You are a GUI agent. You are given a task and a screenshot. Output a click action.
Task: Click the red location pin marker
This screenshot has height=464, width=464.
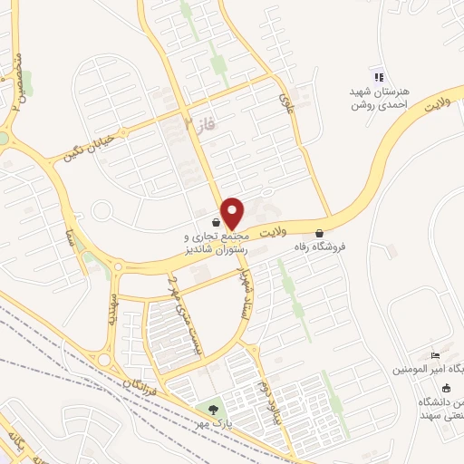pyautogui.click(x=233, y=212)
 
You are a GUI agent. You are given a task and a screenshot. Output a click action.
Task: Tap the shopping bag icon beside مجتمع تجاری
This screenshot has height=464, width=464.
pyautogui.click(x=215, y=221)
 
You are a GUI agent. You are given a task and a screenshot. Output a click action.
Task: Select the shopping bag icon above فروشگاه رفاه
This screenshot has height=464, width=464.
pyautogui.click(x=319, y=232)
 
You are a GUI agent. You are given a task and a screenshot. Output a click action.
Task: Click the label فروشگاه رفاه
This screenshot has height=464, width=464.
pyautogui.click(x=319, y=246)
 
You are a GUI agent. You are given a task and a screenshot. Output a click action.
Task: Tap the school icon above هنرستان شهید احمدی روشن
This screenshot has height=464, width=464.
pyautogui.click(x=378, y=78)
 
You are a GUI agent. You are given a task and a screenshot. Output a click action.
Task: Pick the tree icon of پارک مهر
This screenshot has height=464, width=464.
pyautogui.click(x=215, y=409)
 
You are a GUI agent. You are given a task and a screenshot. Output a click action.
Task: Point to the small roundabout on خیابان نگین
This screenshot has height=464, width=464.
pyautogui.click(x=102, y=212)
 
